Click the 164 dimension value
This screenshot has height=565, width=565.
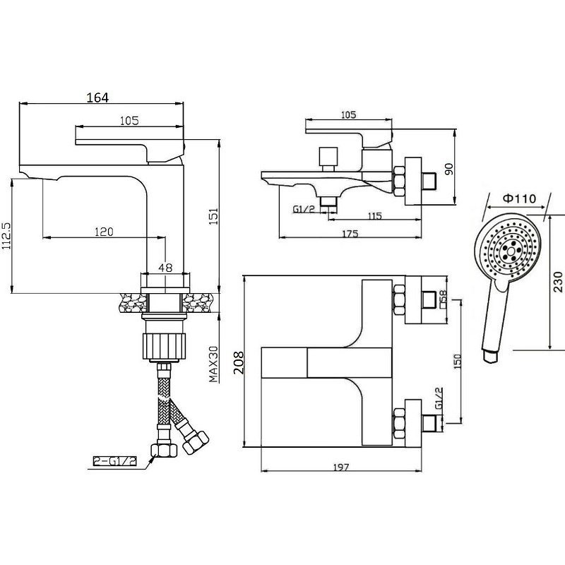[97, 97]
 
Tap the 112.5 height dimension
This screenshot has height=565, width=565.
[7, 236]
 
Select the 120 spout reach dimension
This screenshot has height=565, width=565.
[104, 232]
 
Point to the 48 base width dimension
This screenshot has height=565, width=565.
[165, 268]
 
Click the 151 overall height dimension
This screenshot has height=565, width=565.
[214, 216]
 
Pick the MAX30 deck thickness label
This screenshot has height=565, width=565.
[213, 364]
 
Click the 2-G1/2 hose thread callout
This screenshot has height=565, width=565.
[115, 461]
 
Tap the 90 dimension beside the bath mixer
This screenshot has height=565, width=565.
[449, 169]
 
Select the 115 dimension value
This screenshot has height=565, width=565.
[375, 216]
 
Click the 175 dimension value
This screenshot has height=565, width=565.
[350, 234]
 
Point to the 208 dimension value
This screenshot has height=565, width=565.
[239, 363]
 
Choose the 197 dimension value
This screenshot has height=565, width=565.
[341, 468]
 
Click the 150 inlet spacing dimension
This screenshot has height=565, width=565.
[457, 362]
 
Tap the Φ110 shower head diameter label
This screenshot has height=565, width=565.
[519, 198]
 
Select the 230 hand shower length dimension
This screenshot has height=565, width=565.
[557, 282]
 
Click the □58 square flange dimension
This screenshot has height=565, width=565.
[443, 299]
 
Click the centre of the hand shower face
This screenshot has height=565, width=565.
[510, 249]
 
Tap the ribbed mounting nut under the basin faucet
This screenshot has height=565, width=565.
[165, 346]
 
